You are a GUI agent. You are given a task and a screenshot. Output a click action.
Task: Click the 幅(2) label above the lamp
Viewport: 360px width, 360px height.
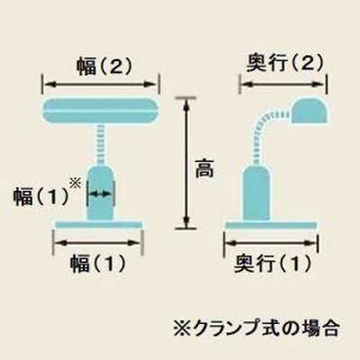[103, 66]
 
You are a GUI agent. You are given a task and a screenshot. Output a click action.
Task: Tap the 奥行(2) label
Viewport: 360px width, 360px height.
[285, 63]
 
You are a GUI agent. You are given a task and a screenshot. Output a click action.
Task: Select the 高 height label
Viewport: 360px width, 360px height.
[204, 169]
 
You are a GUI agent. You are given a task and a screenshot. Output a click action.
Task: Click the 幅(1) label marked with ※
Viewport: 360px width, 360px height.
[40, 197]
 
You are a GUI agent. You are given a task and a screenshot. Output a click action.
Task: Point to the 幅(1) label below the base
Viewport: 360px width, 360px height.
[98, 264]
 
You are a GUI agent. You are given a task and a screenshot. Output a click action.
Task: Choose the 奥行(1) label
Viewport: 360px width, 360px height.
[273, 264]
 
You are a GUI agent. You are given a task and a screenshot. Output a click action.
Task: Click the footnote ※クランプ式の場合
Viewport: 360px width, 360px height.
[256, 328]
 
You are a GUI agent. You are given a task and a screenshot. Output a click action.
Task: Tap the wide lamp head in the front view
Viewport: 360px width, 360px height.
[101, 111]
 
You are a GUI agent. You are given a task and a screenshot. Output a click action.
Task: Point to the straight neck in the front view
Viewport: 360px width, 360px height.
[101, 145]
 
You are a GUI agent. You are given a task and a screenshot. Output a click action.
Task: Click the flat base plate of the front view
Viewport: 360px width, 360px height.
[99, 224]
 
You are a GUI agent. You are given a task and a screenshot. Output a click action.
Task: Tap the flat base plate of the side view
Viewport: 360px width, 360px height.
[271, 225]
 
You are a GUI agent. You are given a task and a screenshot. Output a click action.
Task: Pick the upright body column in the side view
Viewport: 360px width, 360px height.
[256, 193]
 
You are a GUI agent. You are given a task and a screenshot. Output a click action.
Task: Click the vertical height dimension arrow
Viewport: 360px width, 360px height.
[186, 163]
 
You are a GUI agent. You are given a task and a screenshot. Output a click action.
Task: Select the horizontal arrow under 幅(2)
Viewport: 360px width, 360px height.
[101, 85]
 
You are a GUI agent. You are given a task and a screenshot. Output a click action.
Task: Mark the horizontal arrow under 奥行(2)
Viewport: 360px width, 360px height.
[283, 85]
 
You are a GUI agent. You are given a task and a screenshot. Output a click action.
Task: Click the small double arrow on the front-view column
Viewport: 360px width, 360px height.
[100, 194]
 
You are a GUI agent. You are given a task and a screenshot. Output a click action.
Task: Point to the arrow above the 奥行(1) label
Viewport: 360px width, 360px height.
[271, 243]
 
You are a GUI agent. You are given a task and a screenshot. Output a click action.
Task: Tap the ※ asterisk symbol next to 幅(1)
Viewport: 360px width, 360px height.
[76, 184]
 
